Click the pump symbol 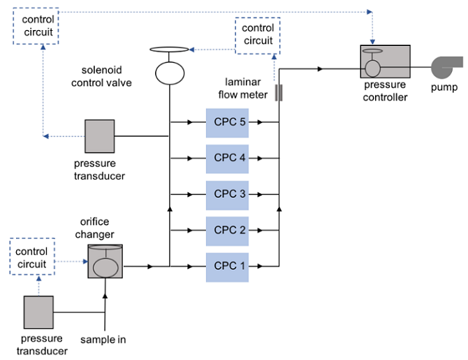coord(444,67)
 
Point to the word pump coord(444,87)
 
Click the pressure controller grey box coord(385,66)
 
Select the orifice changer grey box coord(106,261)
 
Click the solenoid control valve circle coord(169,72)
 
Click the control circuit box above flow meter coord(258,34)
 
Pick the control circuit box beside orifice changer coord(33,257)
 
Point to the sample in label coord(105,340)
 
